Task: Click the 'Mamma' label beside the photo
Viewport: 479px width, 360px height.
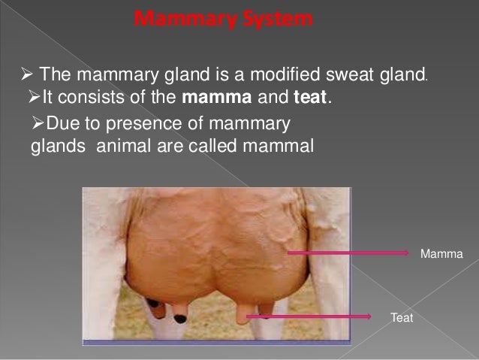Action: coord(442,256)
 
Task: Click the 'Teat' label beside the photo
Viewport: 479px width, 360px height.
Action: coord(402,319)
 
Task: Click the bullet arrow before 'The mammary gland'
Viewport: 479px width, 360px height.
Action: coord(24,75)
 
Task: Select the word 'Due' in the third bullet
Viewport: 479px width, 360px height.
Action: coord(59,125)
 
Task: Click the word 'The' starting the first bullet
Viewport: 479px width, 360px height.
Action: coord(53,75)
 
